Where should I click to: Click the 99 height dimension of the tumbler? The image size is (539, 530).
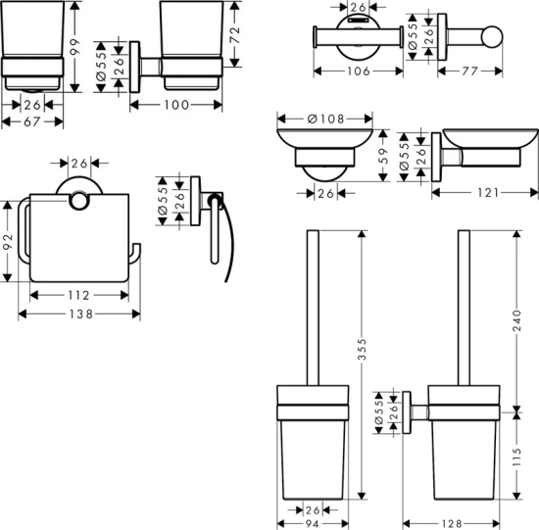tap(74, 47)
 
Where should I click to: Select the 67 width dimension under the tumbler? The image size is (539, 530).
tap(32, 121)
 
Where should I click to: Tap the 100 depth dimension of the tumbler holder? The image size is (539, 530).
tap(176, 105)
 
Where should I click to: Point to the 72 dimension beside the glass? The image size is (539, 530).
tap(235, 34)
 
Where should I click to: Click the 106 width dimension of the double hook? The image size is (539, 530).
tap(359, 72)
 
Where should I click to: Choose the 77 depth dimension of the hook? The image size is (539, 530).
tap(469, 72)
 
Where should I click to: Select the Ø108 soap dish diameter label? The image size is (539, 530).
tap(325, 119)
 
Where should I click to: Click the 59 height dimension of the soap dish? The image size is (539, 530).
tap(384, 156)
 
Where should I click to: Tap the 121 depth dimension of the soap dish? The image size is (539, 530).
tap(488, 193)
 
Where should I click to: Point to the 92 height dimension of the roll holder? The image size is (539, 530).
tap(8, 242)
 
